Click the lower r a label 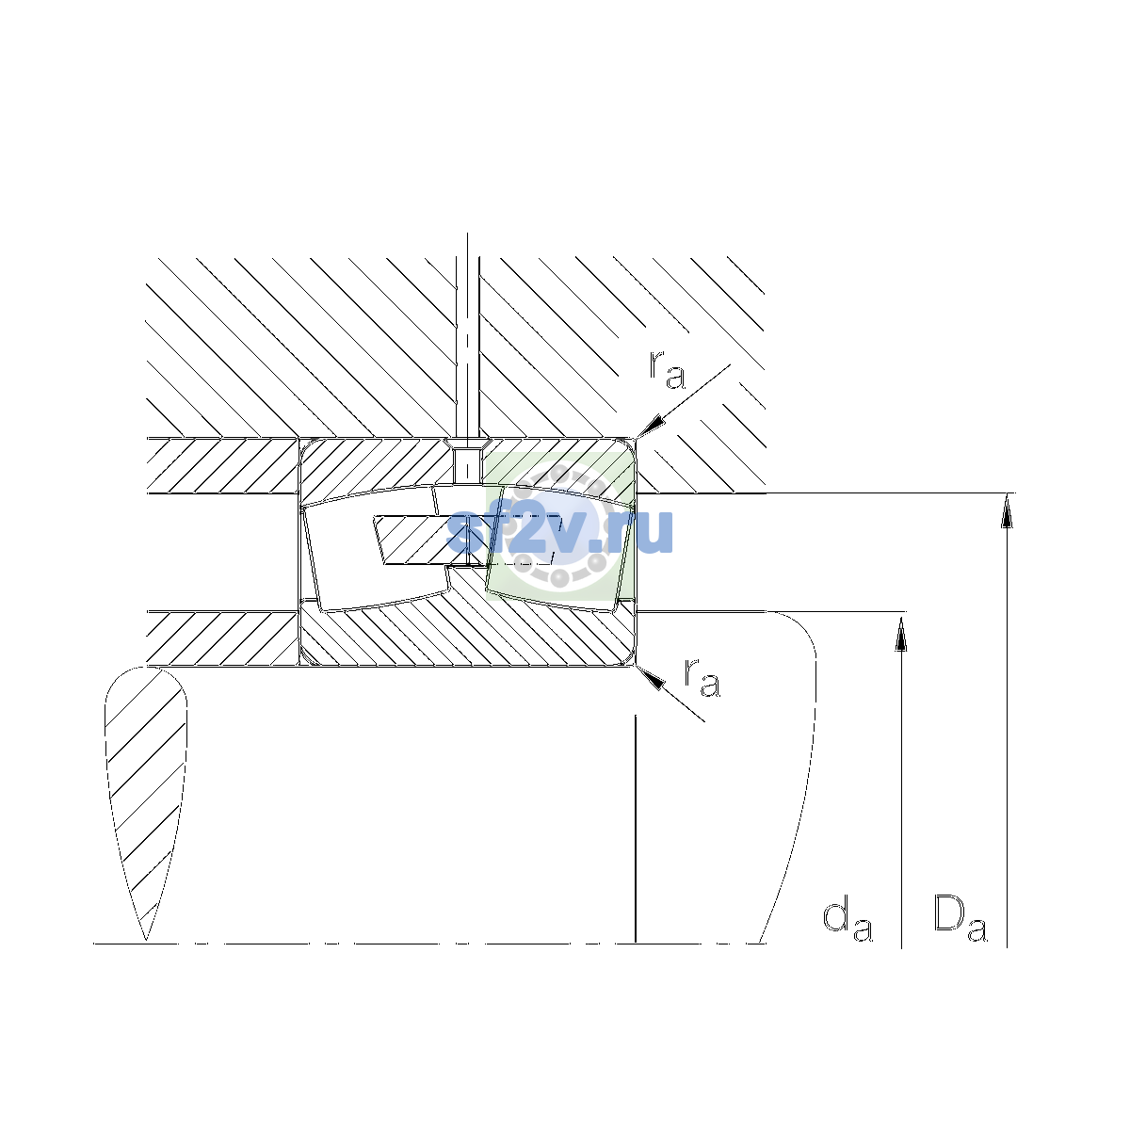click(702, 678)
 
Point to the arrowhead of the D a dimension click(1007, 510)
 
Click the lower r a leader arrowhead click(651, 677)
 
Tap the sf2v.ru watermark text click(559, 531)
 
